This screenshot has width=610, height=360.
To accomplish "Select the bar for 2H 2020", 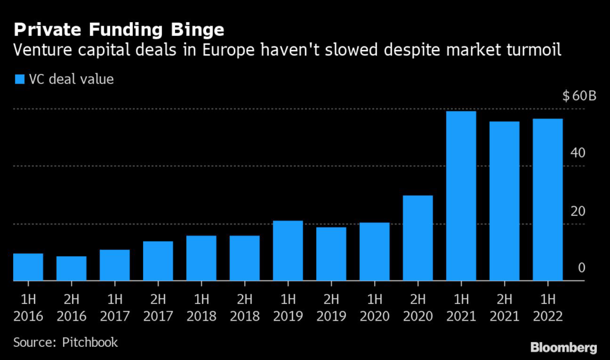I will click(x=418, y=238).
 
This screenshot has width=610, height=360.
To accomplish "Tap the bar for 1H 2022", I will click(x=547, y=199).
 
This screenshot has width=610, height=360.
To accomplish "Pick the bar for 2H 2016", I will click(x=71, y=268).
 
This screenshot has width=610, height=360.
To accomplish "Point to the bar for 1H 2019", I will click(x=288, y=250).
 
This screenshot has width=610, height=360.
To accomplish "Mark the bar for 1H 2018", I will click(x=201, y=258).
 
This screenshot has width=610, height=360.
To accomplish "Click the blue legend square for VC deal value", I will click(x=18, y=79).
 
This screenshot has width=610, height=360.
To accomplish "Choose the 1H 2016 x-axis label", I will click(x=28, y=307).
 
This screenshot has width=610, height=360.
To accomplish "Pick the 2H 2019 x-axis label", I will click(x=331, y=307).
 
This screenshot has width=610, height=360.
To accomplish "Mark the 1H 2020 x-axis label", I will click(x=374, y=307).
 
